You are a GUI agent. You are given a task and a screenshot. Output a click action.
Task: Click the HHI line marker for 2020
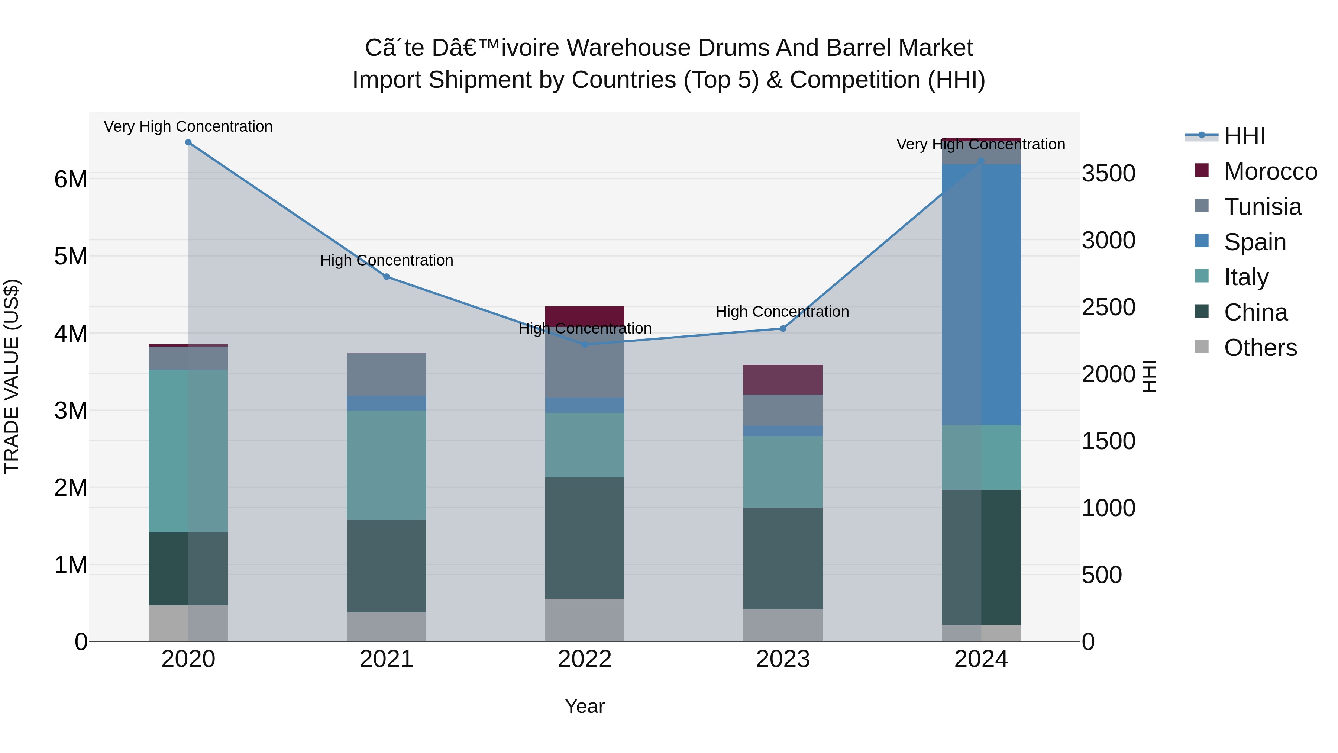click(188, 142)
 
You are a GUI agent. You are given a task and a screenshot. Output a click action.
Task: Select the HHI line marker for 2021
click(387, 277)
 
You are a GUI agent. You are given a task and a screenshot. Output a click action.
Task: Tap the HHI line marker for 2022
click(585, 345)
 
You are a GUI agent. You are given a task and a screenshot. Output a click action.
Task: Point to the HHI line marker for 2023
click(783, 328)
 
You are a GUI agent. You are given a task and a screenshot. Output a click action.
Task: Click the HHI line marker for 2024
click(981, 162)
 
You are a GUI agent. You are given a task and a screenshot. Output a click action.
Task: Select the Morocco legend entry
click(1270, 171)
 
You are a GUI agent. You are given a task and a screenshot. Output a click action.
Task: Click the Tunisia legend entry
click(1262, 207)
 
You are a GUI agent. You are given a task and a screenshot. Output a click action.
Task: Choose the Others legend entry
click(1260, 348)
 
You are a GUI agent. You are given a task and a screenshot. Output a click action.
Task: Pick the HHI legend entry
click(1244, 136)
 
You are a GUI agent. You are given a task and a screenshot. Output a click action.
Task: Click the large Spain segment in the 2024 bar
click(981, 294)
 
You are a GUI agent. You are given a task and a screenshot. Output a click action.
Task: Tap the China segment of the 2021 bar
click(387, 566)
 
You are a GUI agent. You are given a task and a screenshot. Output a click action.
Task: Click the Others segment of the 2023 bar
click(783, 625)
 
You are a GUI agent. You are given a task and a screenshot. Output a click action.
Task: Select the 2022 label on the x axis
click(585, 659)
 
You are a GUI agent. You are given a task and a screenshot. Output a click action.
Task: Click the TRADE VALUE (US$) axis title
click(12, 376)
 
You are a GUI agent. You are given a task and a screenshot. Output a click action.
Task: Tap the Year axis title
click(585, 706)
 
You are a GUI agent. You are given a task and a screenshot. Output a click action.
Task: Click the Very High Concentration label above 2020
click(188, 126)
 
